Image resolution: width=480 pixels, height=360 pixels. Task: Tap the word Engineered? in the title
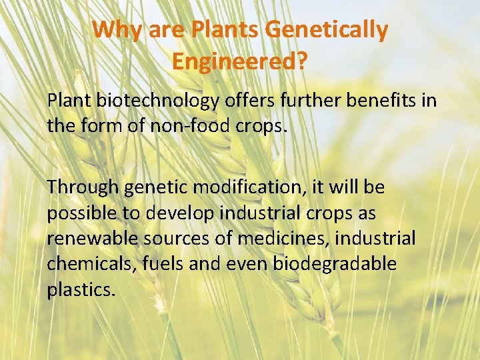tap(239, 61)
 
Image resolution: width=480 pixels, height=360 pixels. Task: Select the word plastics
tap(72, 290)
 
